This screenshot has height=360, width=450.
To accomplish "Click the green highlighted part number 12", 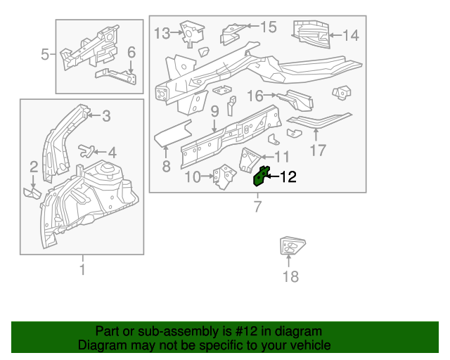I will [260, 177].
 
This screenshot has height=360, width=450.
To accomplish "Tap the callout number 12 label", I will [288, 178].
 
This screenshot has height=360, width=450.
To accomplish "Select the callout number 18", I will [290, 276].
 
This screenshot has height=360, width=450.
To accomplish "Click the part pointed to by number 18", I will [290, 247].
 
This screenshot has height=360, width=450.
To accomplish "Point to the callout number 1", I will [82, 269].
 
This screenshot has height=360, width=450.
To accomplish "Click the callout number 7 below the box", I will [257, 206].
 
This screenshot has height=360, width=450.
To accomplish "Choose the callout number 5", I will [45, 53].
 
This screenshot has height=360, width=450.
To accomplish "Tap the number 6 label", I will [131, 53].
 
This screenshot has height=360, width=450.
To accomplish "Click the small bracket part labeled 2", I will [33, 191].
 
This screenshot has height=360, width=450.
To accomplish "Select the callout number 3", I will [106, 116].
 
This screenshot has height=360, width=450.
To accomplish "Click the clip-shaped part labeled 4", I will [86, 149].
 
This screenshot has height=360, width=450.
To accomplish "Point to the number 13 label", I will [162, 32].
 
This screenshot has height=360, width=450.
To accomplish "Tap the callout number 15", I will [269, 27].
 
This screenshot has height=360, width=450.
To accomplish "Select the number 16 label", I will [255, 95].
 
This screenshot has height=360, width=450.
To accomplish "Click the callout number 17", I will [319, 150].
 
